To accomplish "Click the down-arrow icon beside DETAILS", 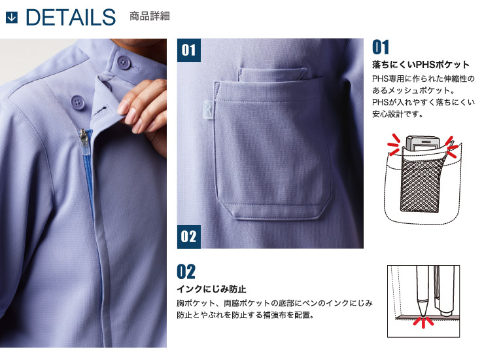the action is coord(12,18).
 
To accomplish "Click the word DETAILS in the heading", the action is coord(71,17).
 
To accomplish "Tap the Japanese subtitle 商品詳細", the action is coord(149,16).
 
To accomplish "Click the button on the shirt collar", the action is coord(124,62).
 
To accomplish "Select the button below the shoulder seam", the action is coord(78,102).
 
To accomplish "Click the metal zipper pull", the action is coord(83,138).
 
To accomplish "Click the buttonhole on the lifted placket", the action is coord(101,111).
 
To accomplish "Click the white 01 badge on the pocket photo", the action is coord(189,50).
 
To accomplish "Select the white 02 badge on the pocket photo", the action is coord(189,237).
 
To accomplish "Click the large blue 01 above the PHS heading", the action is coord(381,47).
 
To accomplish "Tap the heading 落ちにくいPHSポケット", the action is coord(421,65).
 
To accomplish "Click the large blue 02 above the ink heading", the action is coord(186,272).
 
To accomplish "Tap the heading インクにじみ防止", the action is coord(211,289).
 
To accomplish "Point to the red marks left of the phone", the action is coord(394,144).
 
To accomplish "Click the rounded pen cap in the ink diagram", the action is coord(446,312).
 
